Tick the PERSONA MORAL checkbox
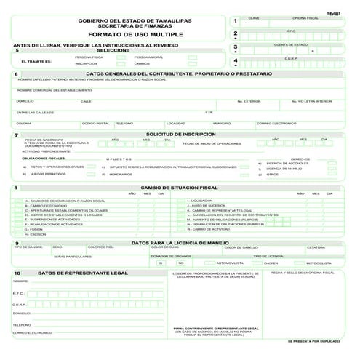[192, 57]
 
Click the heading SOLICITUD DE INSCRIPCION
[181, 135]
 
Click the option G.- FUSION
[35, 229]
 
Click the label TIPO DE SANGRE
[29, 247]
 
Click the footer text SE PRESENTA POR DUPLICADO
[313, 340]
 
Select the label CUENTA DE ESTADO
[290, 44]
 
